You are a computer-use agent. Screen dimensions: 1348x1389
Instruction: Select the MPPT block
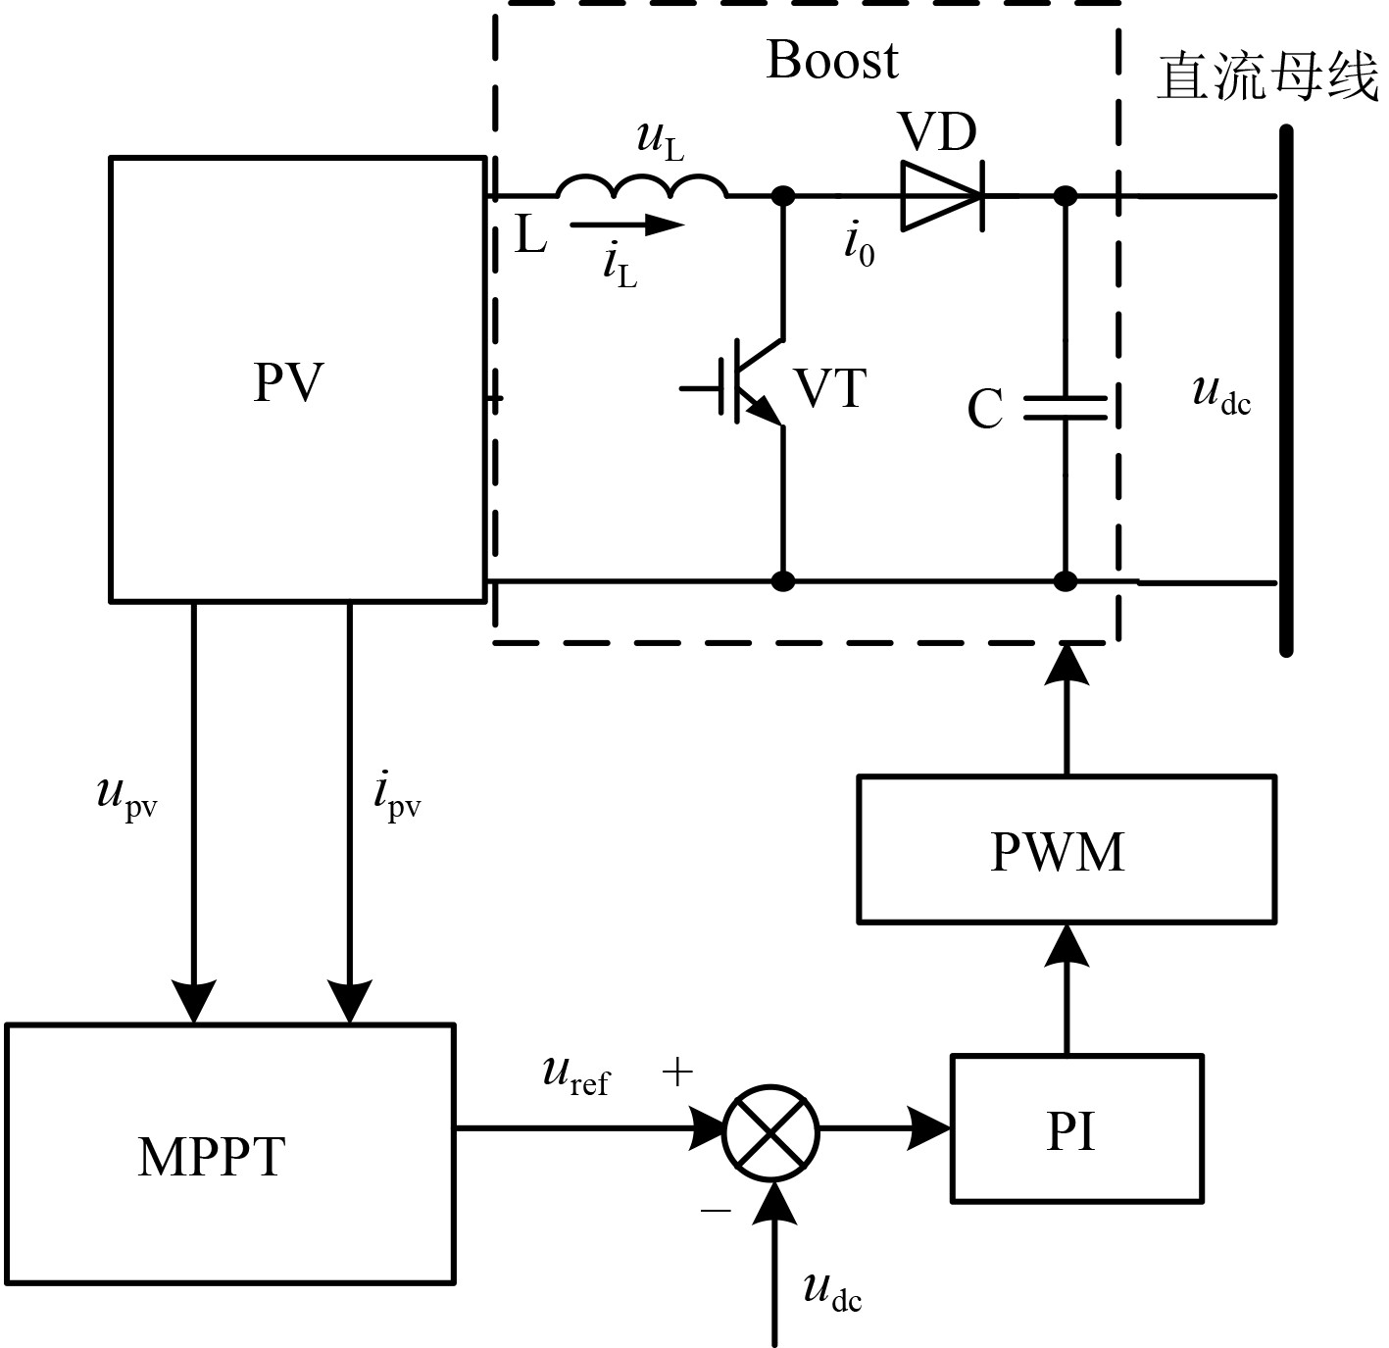[229, 1154]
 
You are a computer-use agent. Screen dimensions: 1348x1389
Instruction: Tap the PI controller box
[1076, 1128]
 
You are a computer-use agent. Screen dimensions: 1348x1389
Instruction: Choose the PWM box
[1066, 849]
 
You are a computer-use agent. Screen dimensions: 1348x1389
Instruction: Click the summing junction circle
[770, 1131]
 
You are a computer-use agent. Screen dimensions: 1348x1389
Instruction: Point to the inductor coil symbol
[642, 186]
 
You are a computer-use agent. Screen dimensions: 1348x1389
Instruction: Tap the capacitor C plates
[1066, 408]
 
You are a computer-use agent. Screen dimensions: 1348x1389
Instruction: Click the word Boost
[831, 60]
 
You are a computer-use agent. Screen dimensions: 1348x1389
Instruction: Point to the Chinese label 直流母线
[1267, 76]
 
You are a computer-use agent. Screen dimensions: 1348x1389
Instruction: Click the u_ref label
[575, 1074]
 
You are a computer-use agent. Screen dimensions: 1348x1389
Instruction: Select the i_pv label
[397, 795]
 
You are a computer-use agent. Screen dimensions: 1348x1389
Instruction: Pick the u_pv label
[127, 795]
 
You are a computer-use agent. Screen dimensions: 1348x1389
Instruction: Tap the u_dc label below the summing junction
[832, 1291]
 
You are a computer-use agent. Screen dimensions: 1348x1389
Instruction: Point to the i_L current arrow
[626, 225]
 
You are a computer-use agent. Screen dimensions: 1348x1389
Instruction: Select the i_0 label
[860, 244]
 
